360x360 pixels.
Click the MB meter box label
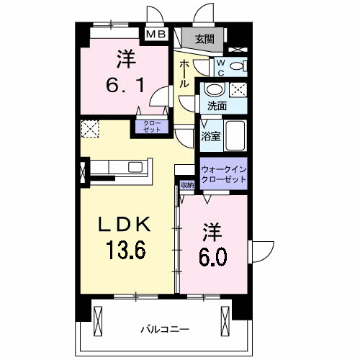pyautogui.click(x=156, y=34)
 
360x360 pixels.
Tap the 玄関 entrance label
pyautogui.click(x=203, y=38)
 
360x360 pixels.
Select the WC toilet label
pyautogui.click(x=222, y=66)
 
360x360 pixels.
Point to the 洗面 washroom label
pyautogui.click(x=217, y=106)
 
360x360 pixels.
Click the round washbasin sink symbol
pyautogui.click(x=213, y=90)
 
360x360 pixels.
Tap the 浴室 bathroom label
pyautogui.click(x=210, y=135)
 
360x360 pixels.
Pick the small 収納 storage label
pyautogui.click(x=187, y=185)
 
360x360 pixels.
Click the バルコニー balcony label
pyautogui.click(x=164, y=329)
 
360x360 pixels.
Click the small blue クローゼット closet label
pyautogui.click(x=150, y=127)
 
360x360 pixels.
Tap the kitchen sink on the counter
pyautogui.click(x=135, y=167)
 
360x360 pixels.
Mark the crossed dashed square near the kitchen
pyautogui.click(x=91, y=130)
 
